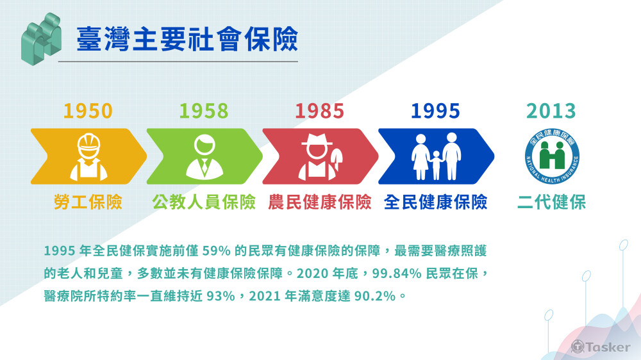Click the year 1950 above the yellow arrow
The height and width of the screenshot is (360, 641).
pos(88,111)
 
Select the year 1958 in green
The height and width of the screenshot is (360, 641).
pos(204,111)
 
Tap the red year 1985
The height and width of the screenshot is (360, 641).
pos(319,111)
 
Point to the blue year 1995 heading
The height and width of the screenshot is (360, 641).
pos(435,111)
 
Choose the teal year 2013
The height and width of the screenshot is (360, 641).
pos(551,111)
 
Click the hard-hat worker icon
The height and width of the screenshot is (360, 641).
pos(88,156)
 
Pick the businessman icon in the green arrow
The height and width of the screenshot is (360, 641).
pos(204,156)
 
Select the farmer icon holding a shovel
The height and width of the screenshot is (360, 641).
pos(320,156)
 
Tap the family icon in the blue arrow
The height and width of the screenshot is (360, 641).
pos(436,156)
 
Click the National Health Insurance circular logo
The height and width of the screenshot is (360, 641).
pos(552,156)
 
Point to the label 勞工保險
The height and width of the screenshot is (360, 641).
pos(88,202)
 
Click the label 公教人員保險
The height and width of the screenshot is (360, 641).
pos(204,202)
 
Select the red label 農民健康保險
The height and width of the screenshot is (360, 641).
pos(320,202)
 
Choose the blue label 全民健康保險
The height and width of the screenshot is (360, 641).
pos(435,202)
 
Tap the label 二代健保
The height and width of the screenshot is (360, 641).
pos(551,202)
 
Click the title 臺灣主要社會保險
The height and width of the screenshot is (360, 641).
pos(187,39)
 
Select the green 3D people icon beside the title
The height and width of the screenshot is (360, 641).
pos(41,39)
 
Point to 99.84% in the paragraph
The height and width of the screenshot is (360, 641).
pos(397,273)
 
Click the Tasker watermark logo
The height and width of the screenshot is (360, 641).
pos(601,347)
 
